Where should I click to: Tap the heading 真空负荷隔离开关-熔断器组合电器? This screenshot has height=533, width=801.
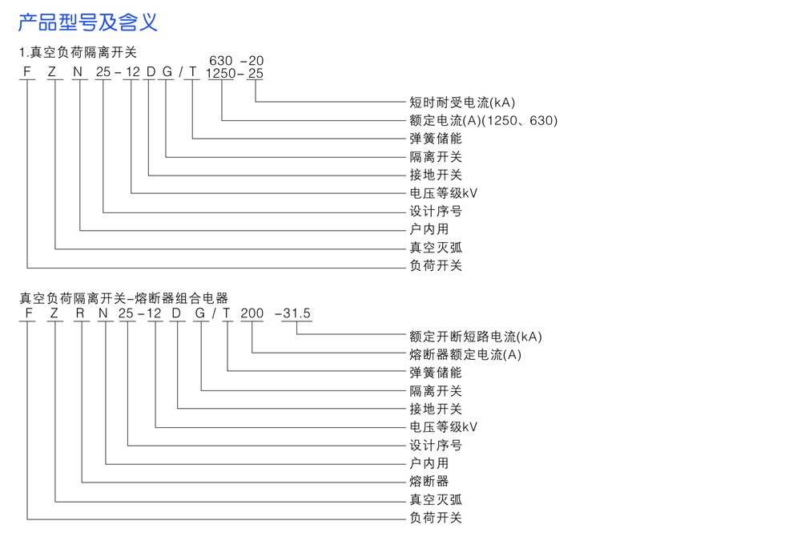pyautogui.click(x=124, y=298)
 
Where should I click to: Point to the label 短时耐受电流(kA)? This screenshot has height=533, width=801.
pyautogui.click(x=462, y=103)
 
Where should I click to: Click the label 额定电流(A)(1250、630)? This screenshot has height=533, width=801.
pyautogui.click(x=483, y=121)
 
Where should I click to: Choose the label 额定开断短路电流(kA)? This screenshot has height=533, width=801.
pyautogui.click(x=476, y=337)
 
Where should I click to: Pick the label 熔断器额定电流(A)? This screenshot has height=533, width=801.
pyautogui.click(x=465, y=354)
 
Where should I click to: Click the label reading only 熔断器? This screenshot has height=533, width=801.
pyautogui.click(x=429, y=481)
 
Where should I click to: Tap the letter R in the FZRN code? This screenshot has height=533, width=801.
pyautogui.click(x=80, y=313)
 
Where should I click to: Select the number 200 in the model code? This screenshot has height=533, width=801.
pyautogui.click(x=252, y=313)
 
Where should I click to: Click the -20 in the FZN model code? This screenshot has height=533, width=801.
pyautogui.click(x=252, y=61)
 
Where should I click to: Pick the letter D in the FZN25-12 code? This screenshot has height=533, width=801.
pyautogui.click(x=150, y=73)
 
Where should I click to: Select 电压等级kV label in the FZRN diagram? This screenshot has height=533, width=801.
pyautogui.click(x=444, y=427)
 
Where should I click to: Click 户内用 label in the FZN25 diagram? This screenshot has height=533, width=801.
pyautogui.click(x=429, y=229)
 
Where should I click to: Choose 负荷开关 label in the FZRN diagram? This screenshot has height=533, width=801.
pyautogui.click(x=436, y=518)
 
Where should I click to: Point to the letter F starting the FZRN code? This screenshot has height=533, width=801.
pyautogui.click(x=29, y=313)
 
